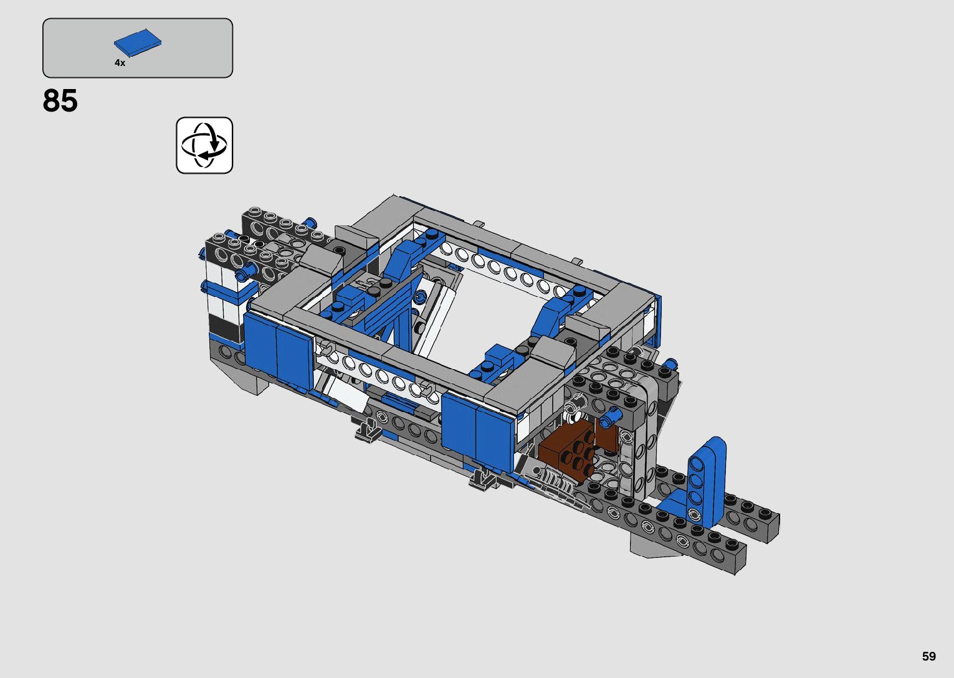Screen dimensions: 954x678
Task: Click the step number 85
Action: [x=60, y=101]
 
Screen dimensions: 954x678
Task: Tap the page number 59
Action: [x=929, y=656]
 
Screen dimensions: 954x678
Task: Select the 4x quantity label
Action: [x=120, y=63]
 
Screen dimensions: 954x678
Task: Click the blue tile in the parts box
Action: [x=138, y=42]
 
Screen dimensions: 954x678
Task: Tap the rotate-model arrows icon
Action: [x=204, y=145]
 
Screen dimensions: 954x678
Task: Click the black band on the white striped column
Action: [x=224, y=327]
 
